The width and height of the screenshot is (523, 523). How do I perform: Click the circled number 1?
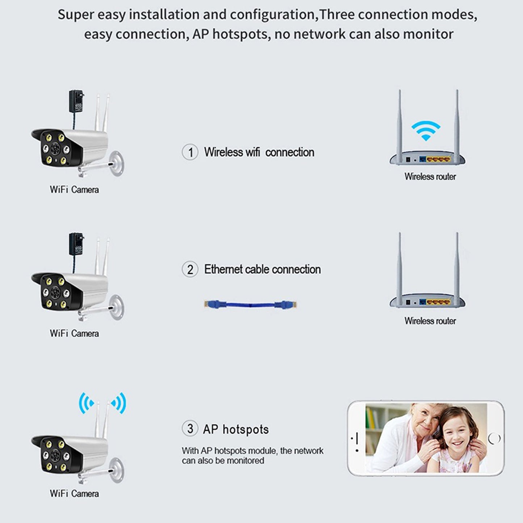point(190,152)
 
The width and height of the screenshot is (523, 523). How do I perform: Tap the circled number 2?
point(190,269)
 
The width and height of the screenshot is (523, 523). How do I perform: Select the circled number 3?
point(190,429)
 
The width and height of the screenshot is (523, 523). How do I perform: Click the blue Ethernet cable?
point(250,304)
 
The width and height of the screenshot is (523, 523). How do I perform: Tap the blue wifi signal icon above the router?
point(426,131)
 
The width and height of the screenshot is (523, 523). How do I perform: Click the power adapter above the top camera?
point(76,101)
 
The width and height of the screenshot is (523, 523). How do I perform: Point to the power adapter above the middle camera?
point(76,244)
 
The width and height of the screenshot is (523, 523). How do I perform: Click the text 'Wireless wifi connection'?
point(259,152)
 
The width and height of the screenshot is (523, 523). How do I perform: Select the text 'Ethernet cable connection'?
point(262,269)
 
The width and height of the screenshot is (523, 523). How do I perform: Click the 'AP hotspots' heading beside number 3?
point(236,429)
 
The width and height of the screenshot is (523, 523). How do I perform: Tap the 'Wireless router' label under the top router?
point(430,177)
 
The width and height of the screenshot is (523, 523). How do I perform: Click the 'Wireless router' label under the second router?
point(430,321)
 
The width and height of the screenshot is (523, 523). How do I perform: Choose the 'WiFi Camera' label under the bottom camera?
point(74,493)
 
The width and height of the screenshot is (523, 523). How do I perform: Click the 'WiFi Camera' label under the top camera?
point(74,189)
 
